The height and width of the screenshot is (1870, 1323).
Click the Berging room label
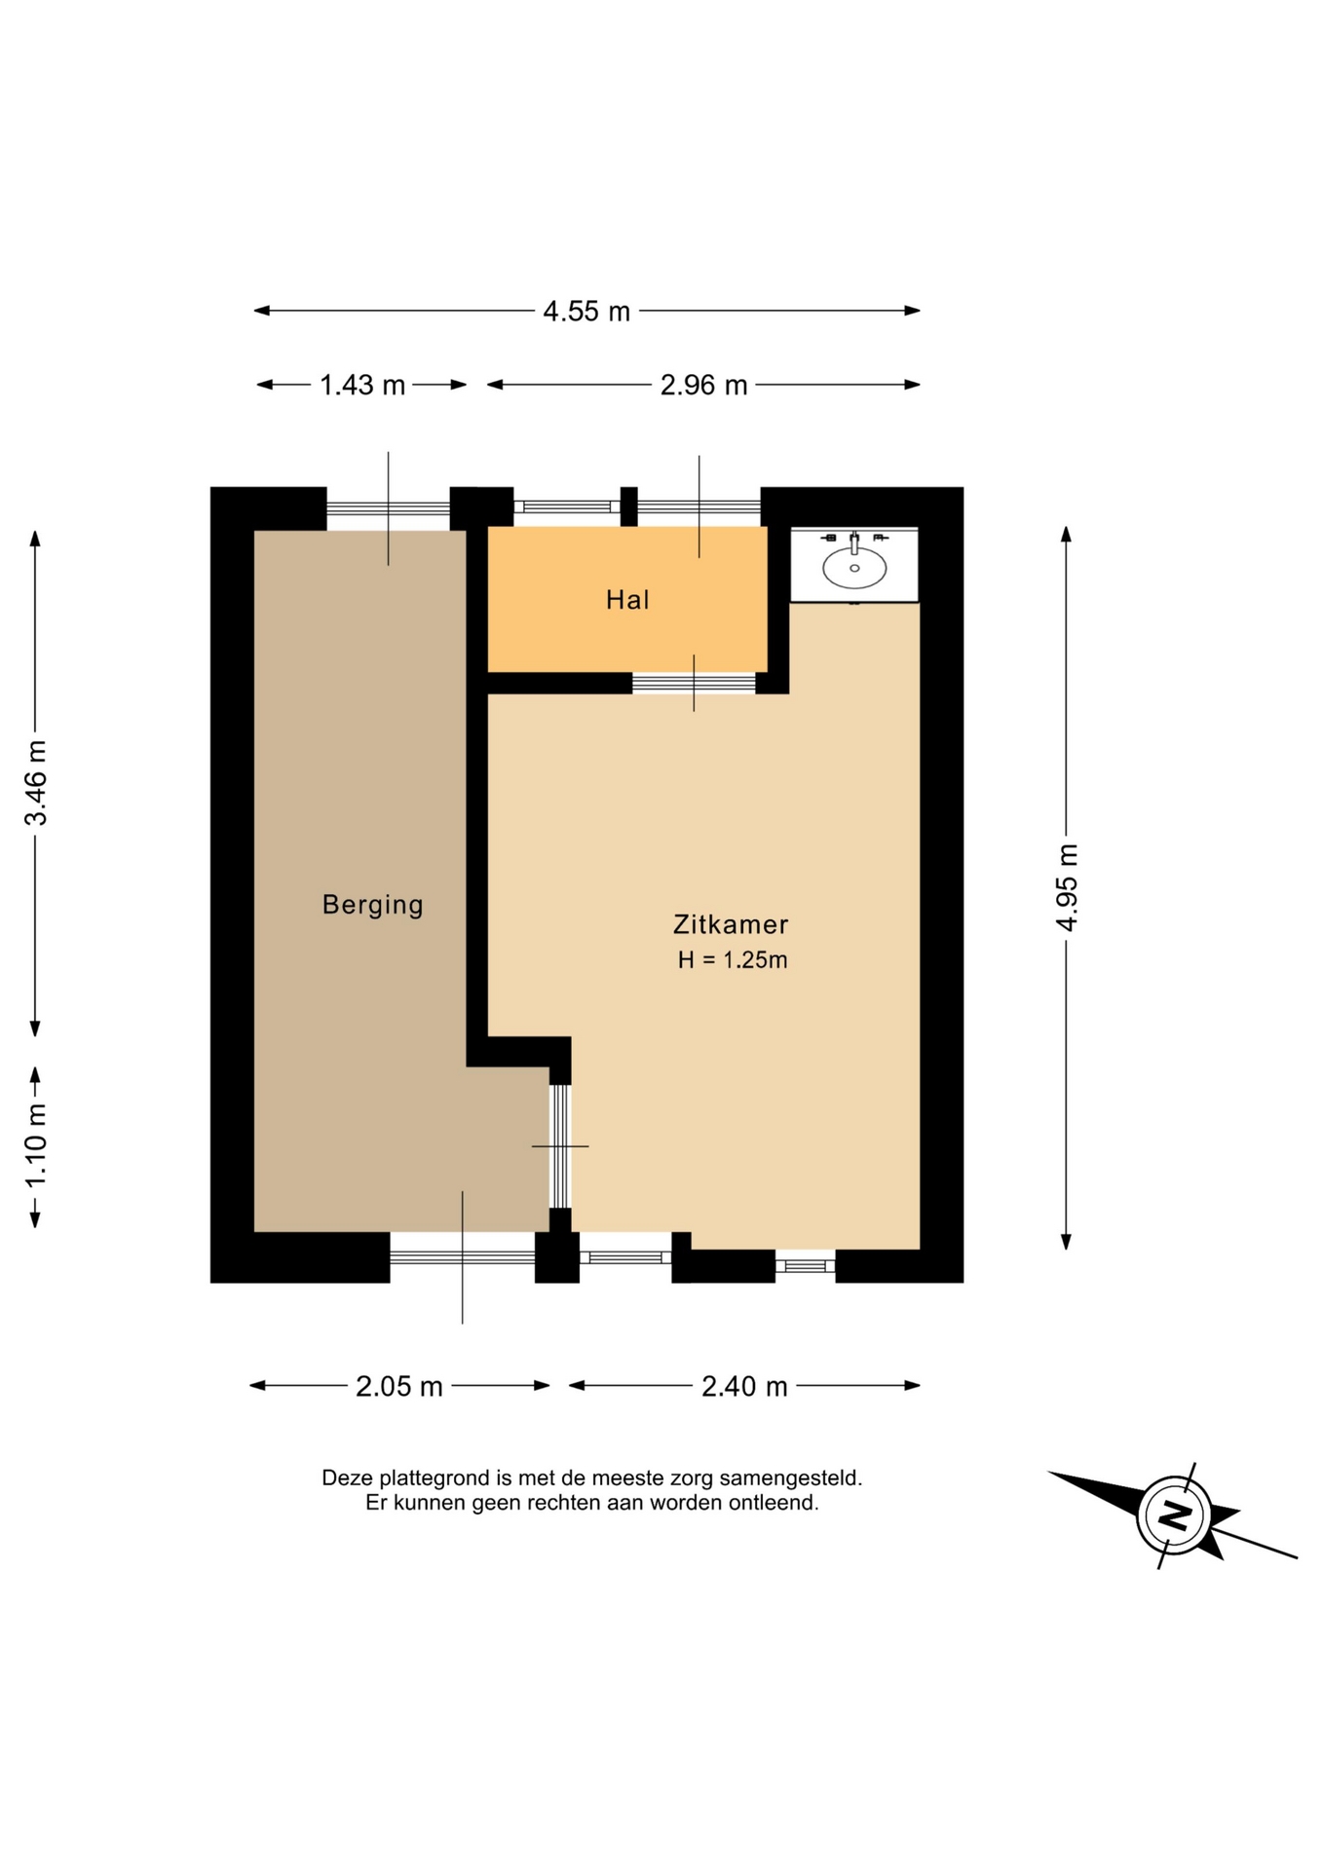click(x=373, y=905)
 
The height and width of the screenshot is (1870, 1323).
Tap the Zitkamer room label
click(x=731, y=924)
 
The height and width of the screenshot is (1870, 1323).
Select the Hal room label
click(x=627, y=600)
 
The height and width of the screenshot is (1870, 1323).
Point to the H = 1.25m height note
click(x=733, y=960)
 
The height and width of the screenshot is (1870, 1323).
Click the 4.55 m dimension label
click(x=586, y=312)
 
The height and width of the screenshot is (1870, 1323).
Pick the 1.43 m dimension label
click(x=362, y=386)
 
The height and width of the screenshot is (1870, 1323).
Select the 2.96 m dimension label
click(x=703, y=386)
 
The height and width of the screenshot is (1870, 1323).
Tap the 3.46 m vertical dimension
click(x=36, y=782)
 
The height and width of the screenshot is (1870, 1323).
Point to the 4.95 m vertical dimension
click(x=1068, y=887)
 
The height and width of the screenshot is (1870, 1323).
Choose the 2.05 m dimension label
click(x=399, y=1386)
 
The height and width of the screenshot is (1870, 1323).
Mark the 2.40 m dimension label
click(x=744, y=1386)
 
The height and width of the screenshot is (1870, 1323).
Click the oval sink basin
click(x=854, y=568)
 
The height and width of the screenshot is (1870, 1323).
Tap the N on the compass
click(x=1175, y=1515)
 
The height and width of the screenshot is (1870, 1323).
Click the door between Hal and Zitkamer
click(x=694, y=683)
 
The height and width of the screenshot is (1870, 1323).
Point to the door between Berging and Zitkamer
click(x=560, y=1146)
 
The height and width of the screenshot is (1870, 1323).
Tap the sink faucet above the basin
click(x=854, y=542)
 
